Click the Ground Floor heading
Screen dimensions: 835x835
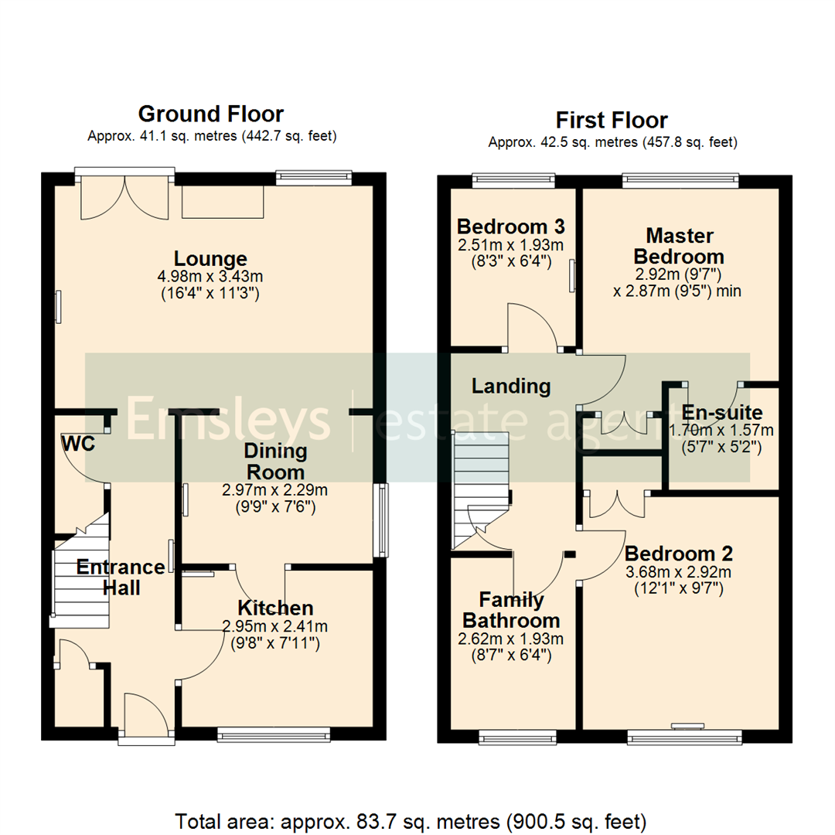[210, 114]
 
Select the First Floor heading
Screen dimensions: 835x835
[612, 121]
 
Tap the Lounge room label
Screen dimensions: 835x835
[210, 259]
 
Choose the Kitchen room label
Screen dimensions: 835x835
[275, 608]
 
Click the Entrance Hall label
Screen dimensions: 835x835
[121, 577]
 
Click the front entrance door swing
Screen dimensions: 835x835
[145, 713]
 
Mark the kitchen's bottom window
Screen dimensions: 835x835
[274, 734]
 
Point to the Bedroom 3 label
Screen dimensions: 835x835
[510, 227]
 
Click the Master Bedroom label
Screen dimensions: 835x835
[680, 245]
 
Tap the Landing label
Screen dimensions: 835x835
[511, 386]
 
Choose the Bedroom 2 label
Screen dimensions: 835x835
[679, 554]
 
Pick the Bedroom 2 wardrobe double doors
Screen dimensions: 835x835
[616, 503]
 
